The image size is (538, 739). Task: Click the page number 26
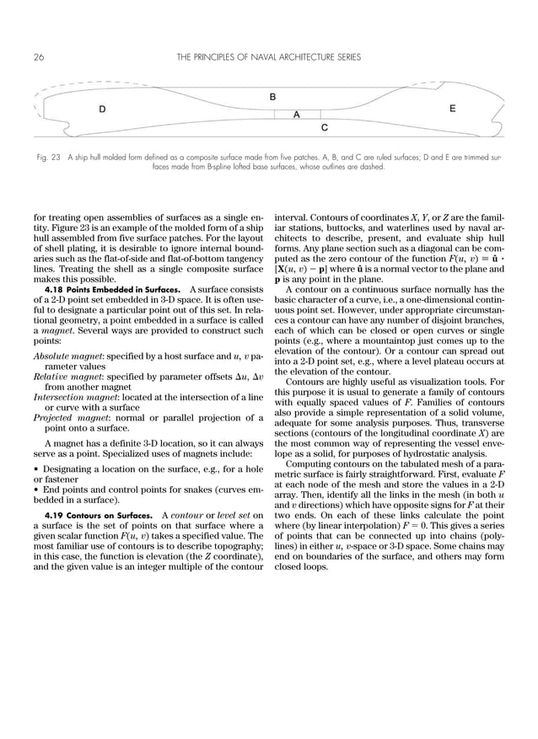(x=39, y=57)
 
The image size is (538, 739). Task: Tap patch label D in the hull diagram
(x=102, y=110)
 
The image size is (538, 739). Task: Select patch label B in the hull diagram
(x=272, y=97)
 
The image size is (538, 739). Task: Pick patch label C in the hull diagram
(x=325, y=127)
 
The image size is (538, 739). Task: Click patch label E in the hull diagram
(x=453, y=109)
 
